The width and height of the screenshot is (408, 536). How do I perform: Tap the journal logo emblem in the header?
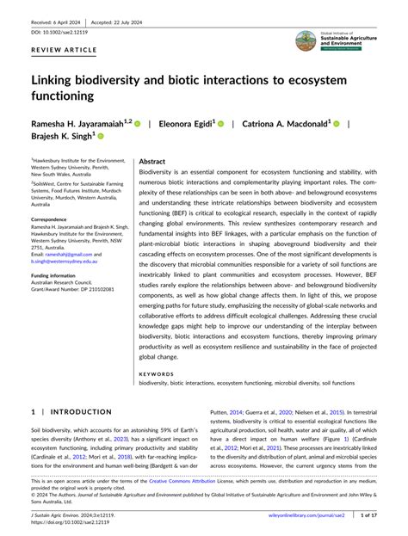click(305, 40)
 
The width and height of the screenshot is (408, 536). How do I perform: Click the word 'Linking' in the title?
click(59, 81)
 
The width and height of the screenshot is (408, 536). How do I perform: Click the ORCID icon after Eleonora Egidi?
click(219, 124)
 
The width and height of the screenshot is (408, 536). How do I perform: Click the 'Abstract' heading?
click(151, 161)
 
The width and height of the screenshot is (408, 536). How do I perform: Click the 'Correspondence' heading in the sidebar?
click(54, 219)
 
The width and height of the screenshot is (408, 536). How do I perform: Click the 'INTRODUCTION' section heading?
click(77, 411)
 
